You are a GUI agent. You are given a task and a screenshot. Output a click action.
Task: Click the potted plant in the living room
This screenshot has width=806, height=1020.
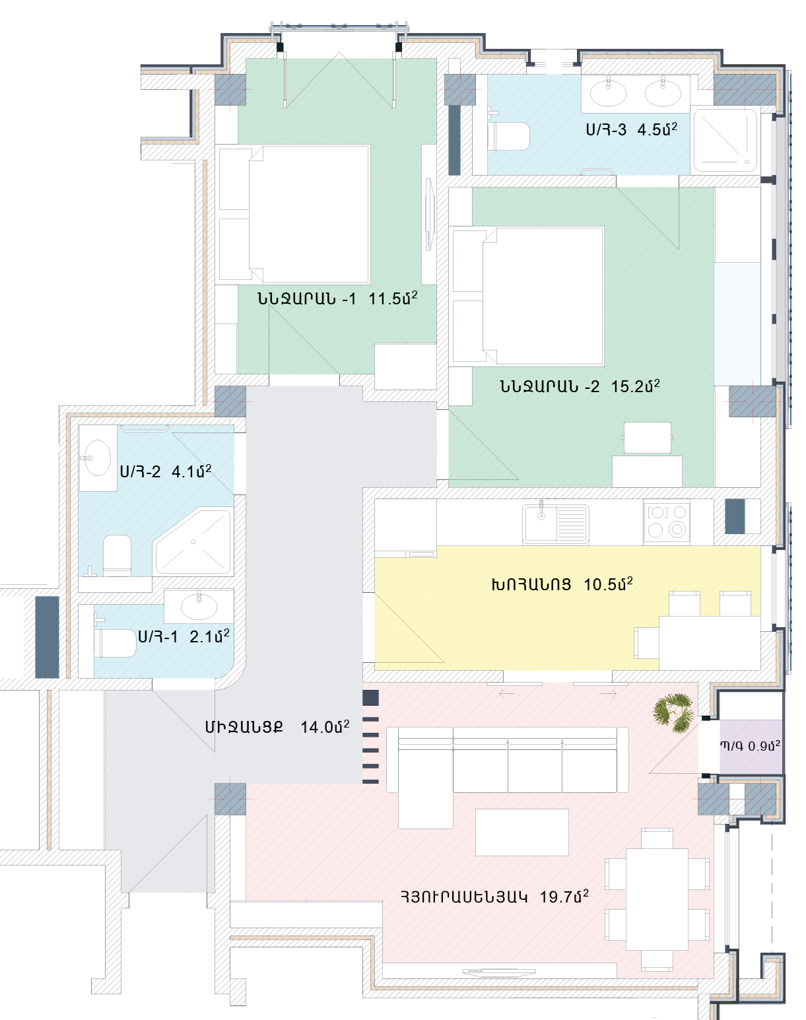pyautogui.click(x=674, y=712)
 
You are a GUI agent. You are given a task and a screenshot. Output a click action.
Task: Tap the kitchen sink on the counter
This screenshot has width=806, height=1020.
pyautogui.click(x=556, y=524)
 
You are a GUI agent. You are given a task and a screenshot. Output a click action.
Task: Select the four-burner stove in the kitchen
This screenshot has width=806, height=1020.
pyautogui.click(x=667, y=521)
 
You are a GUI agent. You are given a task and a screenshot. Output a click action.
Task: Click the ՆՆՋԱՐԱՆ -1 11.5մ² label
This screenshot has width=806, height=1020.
pyautogui.click(x=337, y=298)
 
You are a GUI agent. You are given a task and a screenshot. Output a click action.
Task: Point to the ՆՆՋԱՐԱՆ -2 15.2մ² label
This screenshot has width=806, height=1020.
pyautogui.click(x=580, y=386)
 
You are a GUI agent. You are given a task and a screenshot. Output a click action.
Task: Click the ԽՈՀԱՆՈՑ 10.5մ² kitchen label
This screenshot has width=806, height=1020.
pyautogui.click(x=562, y=584)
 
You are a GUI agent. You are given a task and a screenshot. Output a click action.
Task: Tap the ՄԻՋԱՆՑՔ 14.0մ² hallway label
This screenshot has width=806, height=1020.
pyautogui.click(x=277, y=727)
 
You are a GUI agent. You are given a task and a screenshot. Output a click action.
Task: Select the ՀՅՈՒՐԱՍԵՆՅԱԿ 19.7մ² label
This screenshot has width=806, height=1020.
pyautogui.click(x=495, y=897)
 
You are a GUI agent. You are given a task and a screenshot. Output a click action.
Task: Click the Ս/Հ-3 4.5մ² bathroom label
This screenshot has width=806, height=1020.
pyautogui.click(x=632, y=129)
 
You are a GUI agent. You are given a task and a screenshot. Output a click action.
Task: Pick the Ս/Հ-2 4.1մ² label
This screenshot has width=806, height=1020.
pyautogui.click(x=166, y=471)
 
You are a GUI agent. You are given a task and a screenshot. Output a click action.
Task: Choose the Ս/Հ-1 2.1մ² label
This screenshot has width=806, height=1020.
pyautogui.click(x=184, y=636)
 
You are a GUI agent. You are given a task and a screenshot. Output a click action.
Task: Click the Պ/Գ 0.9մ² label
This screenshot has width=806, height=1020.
pyautogui.click(x=750, y=746)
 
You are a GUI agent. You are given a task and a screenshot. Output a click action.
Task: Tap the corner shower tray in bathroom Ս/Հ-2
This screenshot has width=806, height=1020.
pyautogui.click(x=193, y=542)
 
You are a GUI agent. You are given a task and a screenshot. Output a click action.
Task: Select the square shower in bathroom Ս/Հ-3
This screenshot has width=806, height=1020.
pyautogui.click(x=725, y=141)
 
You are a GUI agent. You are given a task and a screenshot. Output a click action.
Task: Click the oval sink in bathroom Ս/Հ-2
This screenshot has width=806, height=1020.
pyautogui.click(x=97, y=458)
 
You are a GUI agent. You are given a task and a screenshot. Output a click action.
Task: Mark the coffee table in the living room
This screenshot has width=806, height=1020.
pyautogui.click(x=521, y=833)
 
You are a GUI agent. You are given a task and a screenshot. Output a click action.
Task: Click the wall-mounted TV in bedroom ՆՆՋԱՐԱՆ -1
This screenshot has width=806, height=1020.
pyautogui.click(x=430, y=215)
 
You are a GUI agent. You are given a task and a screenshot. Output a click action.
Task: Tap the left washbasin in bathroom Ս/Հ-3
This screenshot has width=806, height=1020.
pyautogui.click(x=608, y=92)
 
